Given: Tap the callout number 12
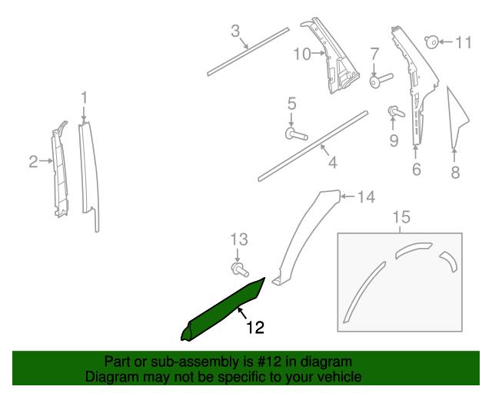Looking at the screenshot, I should coord(255,328).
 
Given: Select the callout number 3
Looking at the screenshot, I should coord(236,31).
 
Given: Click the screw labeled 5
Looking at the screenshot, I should coord(295,135).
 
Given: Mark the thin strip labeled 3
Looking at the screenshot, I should coord(248,51).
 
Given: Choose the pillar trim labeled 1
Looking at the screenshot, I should coord(88,173).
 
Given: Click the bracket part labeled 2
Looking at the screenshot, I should coord(58,173).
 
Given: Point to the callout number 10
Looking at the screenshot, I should coord(301,54).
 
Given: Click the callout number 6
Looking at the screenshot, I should coord(416,170).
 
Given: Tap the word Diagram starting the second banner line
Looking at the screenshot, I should coord(108,377).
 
